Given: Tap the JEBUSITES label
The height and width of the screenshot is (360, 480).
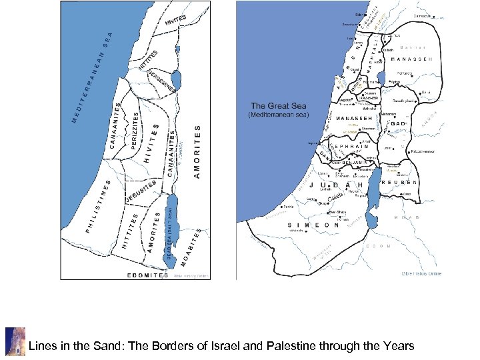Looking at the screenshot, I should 141,191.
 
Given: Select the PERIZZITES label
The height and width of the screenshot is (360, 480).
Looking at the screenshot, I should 135,131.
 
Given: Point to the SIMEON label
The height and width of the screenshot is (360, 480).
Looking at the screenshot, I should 314,225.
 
